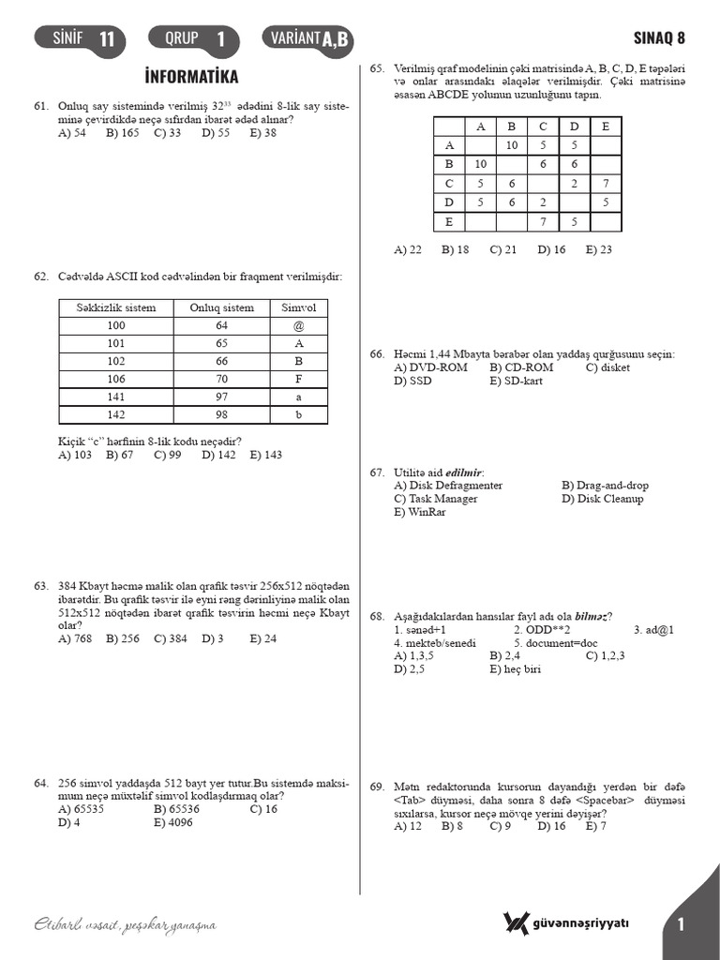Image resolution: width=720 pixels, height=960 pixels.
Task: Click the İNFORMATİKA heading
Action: coord(192,76)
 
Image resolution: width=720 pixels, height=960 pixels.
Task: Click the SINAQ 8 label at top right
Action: coord(660,38)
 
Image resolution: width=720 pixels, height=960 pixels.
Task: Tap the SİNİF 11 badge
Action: coord(79,38)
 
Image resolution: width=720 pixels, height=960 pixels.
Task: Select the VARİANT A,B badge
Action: coord(308,38)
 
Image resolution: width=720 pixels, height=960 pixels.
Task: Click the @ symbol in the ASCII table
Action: coord(299,325)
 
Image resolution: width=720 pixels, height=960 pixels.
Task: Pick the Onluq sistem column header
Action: coord(221,307)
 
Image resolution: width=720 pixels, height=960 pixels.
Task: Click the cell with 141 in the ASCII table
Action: coord(115,397)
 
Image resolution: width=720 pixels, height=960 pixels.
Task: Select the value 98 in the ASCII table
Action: coord(221,414)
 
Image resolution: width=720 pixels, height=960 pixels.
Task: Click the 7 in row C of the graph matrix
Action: coord(606,184)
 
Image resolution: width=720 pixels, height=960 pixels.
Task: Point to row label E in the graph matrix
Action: coord(449,222)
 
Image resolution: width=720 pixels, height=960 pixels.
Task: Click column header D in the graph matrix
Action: coord(574,127)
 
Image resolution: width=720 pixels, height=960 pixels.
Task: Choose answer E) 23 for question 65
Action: coord(598,249)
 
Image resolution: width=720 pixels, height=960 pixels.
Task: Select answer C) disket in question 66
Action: coord(607,367)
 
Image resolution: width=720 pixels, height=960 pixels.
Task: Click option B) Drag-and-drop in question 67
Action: coord(605,486)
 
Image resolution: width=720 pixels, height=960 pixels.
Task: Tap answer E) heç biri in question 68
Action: coord(515,669)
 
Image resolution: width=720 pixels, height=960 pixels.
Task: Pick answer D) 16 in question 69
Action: coord(551,826)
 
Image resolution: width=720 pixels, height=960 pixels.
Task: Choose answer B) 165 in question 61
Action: coord(123,133)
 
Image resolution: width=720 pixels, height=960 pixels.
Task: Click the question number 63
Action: coord(41,586)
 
